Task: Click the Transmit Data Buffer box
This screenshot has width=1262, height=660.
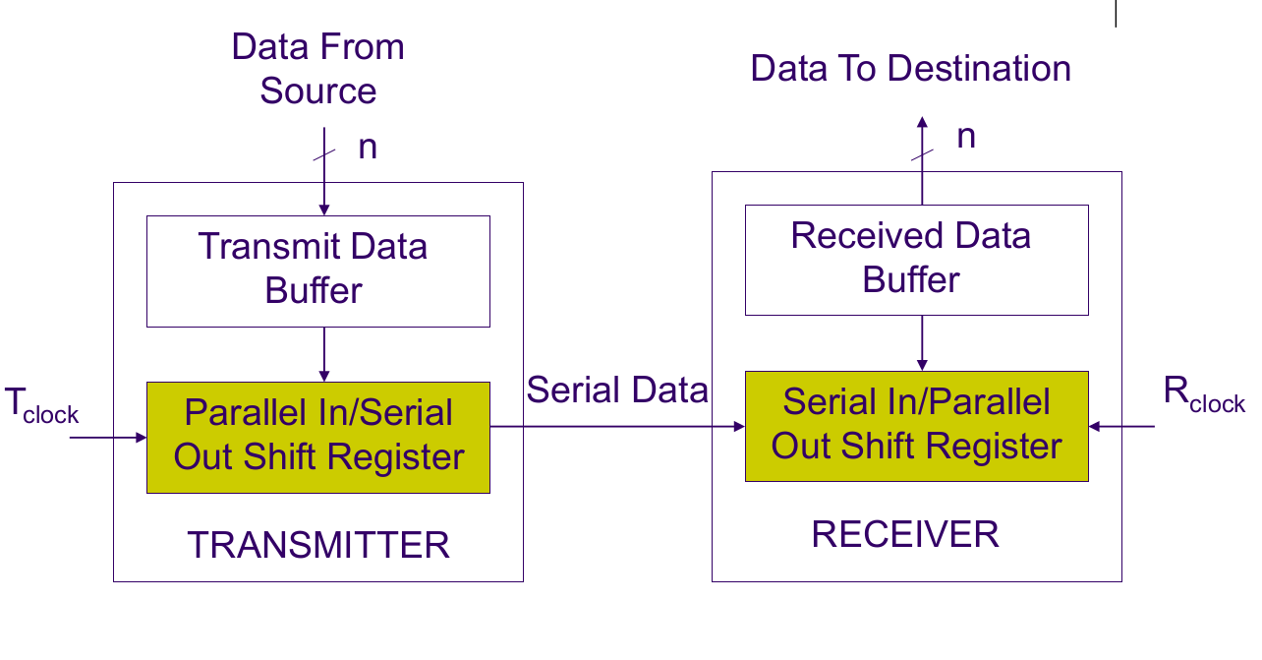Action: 317,270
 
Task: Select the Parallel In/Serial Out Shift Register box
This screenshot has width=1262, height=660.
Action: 317,437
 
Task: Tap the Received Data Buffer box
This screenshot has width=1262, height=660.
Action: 916,260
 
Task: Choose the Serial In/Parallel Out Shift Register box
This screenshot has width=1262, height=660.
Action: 916,425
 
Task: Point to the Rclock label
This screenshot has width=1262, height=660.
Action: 1203,394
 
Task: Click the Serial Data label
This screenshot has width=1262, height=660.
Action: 617,390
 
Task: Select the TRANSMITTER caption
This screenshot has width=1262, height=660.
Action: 318,545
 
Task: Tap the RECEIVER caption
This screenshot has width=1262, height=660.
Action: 905,535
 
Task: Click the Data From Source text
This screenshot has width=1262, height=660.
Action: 317,69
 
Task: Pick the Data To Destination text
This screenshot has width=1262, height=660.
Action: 910,69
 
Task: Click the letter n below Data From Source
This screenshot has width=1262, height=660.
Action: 367,148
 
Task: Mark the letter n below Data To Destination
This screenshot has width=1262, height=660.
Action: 966,137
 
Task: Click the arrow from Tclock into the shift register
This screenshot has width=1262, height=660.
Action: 108,436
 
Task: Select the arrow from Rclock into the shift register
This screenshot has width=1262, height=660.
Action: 1121,426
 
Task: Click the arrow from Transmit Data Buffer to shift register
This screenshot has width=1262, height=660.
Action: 324,354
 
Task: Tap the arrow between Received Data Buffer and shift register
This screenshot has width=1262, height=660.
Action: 922,342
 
